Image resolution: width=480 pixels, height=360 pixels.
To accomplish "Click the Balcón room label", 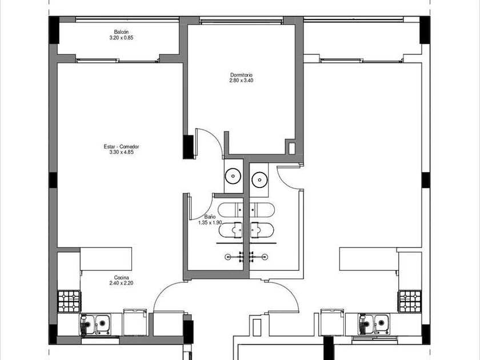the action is click(121, 32).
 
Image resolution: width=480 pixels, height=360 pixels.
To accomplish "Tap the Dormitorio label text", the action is click(241, 75).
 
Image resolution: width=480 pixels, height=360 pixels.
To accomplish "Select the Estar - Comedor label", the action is click(121, 147).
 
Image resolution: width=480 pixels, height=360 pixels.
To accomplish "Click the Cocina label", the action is click(121, 278).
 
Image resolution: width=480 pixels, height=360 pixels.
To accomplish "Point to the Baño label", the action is click(210, 217).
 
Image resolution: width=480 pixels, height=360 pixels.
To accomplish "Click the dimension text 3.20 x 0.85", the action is click(121, 38).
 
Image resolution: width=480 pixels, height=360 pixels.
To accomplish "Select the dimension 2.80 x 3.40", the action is click(241, 81).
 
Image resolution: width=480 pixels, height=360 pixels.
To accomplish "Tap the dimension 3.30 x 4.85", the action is click(121, 152).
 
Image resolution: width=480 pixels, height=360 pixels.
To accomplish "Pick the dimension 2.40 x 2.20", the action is click(121, 283).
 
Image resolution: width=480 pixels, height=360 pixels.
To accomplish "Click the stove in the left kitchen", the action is click(69, 302).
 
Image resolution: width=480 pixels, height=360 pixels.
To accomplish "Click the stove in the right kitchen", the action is click(410, 302).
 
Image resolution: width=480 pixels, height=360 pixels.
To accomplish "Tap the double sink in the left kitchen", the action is click(95, 324).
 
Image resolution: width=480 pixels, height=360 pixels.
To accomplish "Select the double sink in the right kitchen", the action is click(374, 324).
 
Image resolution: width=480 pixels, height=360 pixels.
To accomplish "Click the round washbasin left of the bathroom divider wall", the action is click(233, 177).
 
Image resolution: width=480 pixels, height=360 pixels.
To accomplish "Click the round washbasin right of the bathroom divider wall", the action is click(259, 179).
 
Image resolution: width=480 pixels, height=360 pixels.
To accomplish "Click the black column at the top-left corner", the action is click(54, 30).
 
